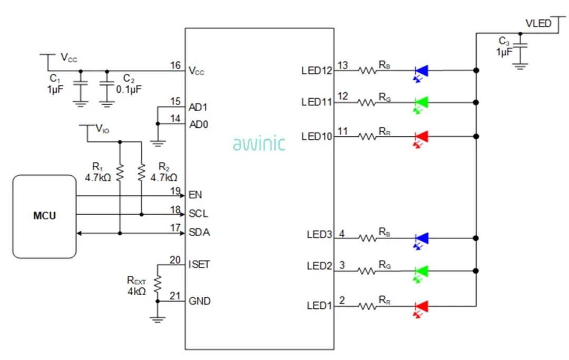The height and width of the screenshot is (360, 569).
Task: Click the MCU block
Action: click(x=44, y=216)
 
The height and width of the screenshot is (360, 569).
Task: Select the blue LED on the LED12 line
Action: click(x=421, y=70)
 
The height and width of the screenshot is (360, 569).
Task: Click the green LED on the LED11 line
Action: click(x=421, y=102)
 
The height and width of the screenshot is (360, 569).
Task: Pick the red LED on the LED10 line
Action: click(x=421, y=137)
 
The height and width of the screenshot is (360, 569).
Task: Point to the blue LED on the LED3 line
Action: click(x=421, y=238)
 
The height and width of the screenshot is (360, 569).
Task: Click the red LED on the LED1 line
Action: click(x=421, y=306)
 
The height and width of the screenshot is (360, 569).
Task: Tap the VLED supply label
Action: click(x=538, y=24)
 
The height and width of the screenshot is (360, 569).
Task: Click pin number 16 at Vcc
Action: click(x=175, y=65)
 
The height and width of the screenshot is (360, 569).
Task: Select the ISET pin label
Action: click(x=199, y=264)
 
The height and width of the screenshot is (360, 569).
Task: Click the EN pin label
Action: click(x=195, y=195)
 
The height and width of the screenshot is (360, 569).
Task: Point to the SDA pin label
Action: click(x=199, y=232)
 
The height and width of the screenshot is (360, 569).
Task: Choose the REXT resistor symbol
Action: click(x=156, y=284)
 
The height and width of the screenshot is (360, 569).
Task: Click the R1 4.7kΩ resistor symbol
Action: click(x=120, y=172)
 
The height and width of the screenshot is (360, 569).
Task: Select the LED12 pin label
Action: click(x=317, y=70)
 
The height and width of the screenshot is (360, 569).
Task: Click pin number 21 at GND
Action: click(x=175, y=296)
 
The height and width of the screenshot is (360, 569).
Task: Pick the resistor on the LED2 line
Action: click(x=367, y=271)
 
